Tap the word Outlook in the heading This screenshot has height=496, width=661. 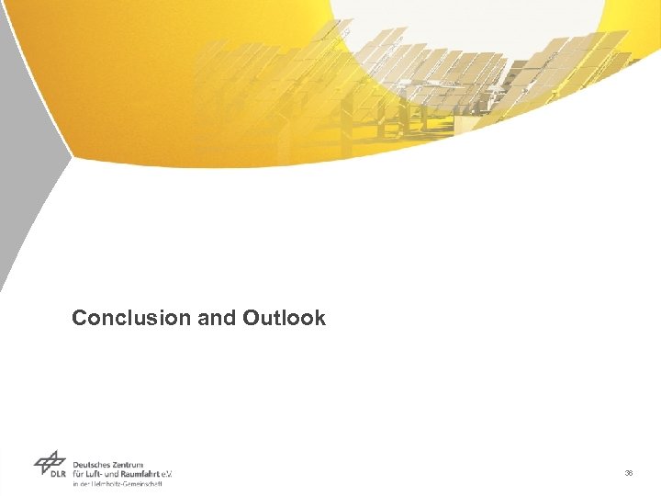click(284, 319)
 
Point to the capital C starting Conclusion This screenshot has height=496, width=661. click(80, 319)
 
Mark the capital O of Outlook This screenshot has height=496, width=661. click(251, 319)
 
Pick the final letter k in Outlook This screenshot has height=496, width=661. click(319, 319)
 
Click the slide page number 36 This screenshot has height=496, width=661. click(629, 473)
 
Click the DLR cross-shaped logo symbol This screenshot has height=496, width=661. click(50, 461)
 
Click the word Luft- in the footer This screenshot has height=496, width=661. click(98, 474)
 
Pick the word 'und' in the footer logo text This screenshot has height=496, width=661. click(118, 474)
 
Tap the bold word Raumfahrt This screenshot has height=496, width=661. click(144, 474)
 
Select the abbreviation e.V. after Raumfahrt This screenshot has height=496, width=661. click(167, 474)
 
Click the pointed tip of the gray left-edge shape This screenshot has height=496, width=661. click(70, 157)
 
